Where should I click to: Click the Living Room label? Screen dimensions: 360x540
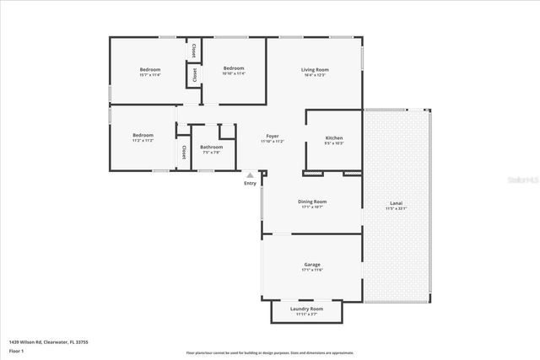click(x=315, y=69)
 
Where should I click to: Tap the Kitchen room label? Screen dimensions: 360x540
click(x=334, y=137)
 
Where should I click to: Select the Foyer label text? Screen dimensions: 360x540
click(x=273, y=136)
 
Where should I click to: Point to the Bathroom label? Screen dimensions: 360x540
click(x=211, y=147)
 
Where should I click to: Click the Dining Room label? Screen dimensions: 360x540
click(x=312, y=201)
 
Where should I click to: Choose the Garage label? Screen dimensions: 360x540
click(x=312, y=264)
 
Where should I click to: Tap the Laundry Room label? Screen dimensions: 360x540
click(x=306, y=309)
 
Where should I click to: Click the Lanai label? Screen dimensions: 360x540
click(x=396, y=202)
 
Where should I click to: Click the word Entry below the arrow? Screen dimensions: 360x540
click(x=250, y=183)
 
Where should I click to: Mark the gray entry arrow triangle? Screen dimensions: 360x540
click(x=250, y=175)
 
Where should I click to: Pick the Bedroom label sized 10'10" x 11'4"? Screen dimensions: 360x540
click(x=233, y=68)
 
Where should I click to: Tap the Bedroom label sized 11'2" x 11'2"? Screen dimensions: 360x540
click(x=143, y=135)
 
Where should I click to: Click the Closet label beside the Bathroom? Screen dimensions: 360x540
click(x=183, y=152)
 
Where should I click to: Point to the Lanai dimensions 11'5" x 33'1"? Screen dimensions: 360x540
click(x=396, y=207)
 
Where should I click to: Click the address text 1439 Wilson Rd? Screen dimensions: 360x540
click(x=48, y=341)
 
